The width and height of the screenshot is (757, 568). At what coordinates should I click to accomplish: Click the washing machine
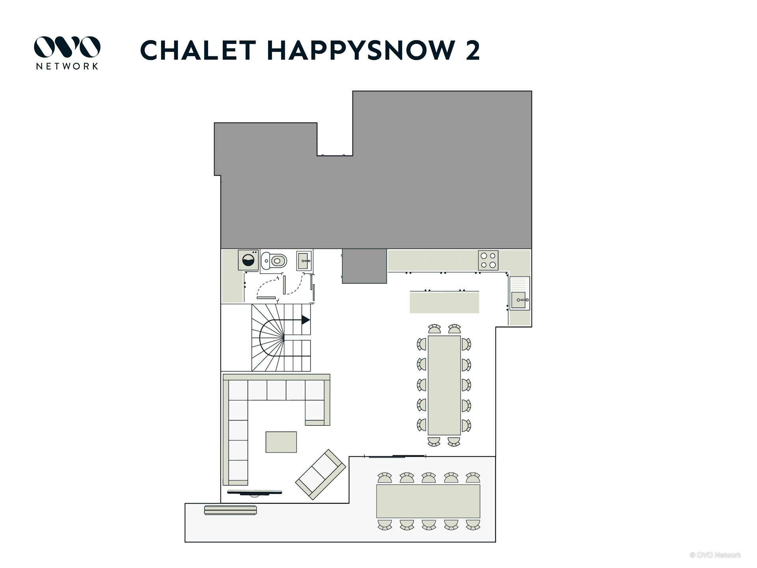click(x=248, y=260)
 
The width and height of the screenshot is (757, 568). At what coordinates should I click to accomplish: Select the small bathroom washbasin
click(x=304, y=261)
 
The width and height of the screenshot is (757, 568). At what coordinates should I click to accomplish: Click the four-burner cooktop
click(x=488, y=260)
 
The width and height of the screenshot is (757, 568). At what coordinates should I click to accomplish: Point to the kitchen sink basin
click(x=518, y=300)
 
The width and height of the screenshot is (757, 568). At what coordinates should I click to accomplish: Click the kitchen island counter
click(x=444, y=302)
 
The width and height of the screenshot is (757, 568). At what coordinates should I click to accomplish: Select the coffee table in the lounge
click(x=281, y=442)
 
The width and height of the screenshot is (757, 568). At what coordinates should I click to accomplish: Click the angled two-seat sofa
click(x=321, y=474)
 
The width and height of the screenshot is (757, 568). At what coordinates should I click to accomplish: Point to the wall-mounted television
click(x=255, y=492)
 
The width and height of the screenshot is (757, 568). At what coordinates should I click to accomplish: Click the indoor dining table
click(x=444, y=385)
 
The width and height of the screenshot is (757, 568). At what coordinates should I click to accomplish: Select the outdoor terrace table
click(x=428, y=501)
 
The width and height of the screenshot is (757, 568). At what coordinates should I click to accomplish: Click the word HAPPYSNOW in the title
click(x=361, y=50)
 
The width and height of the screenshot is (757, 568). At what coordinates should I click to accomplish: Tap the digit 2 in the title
click(x=473, y=50)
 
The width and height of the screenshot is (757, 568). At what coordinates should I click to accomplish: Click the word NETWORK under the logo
click(x=67, y=66)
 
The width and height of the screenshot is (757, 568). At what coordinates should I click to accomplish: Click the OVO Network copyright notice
click(x=715, y=555)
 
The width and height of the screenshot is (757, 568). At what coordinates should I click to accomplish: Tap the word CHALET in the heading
click(x=198, y=50)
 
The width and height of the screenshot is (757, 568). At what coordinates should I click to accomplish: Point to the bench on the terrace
click(x=231, y=510)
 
